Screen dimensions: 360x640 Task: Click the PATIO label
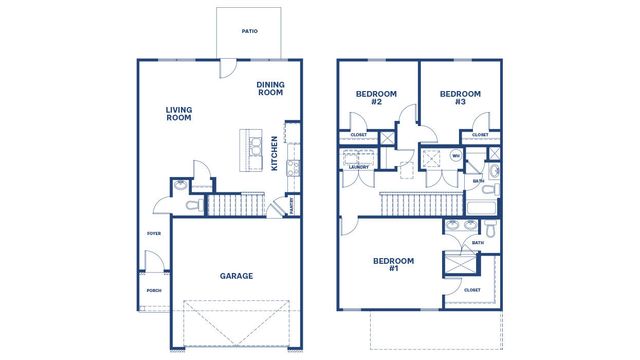point(250,32)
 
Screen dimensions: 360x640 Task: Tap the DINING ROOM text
point(270,89)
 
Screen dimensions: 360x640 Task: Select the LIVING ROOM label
point(179,114)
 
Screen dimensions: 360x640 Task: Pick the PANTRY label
point(291,206)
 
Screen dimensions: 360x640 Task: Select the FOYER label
point(154,233)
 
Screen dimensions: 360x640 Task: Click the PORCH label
point(154,291)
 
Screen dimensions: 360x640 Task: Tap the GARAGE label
point(236,276)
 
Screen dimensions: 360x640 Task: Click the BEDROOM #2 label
point(376,98)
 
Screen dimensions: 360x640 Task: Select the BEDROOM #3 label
point(460,98)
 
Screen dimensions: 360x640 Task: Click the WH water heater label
point(455,156)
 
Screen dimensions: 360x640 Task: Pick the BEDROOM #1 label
point(393,265)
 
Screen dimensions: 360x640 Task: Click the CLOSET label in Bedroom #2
point(358,134)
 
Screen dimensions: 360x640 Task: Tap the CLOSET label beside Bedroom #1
point(473,290)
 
